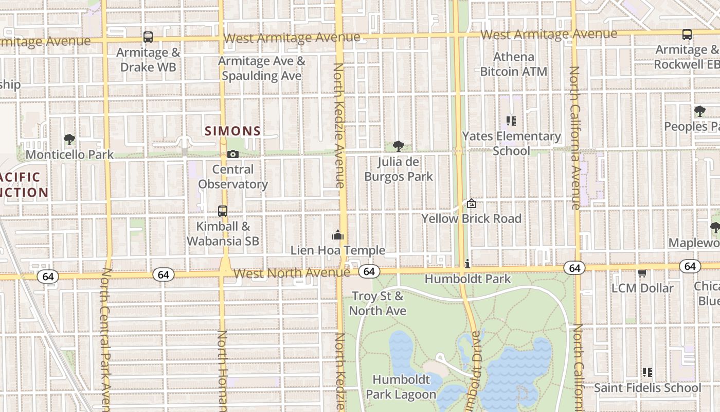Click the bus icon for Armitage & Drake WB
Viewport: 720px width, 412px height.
(148, 37)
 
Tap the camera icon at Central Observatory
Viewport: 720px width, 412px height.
(233, 154)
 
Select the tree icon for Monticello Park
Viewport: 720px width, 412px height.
(69, 139)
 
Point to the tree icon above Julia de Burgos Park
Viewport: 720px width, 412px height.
(398, 146)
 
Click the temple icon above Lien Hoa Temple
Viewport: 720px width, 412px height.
(338, 235)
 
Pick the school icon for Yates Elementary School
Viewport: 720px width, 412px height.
(511, 121)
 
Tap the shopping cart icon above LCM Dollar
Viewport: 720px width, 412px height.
(642, 273)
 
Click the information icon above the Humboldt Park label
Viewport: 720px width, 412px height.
(467, 264)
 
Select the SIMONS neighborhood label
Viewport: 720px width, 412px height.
(233, 131)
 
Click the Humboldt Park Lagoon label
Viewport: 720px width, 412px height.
(401, 387)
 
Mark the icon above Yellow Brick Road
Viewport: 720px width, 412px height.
(472, 203)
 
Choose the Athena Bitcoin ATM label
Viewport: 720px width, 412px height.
(513, 64)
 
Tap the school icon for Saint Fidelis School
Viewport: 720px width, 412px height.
(647, 372)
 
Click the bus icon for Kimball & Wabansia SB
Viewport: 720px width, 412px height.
(223, 211)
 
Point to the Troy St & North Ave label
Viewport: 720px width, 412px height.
(378, 303)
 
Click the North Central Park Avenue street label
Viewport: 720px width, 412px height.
(106, 340)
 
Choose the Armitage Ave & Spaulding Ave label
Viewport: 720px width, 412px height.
(261, 68)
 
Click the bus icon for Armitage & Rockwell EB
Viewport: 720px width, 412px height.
(687, 35)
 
